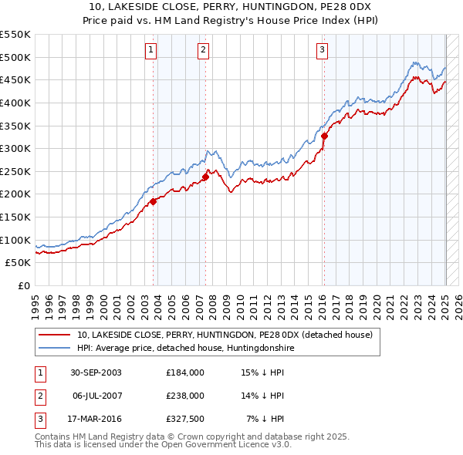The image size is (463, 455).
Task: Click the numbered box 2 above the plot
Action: coord(202,51)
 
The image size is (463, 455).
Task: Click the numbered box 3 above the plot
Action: coord(322,51)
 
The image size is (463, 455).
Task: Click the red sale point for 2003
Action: coord(154,201)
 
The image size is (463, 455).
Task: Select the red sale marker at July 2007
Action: coord(206,177)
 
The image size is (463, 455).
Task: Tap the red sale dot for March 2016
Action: coord(325,136)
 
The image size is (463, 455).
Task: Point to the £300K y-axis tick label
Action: coord(15,148)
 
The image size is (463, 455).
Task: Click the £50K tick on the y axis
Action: coord(18,263)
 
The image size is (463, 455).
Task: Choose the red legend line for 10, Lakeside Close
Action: coord(55,335)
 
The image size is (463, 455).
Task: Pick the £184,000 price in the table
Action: coord(185,372)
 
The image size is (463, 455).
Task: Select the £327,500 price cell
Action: coord(185,419)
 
